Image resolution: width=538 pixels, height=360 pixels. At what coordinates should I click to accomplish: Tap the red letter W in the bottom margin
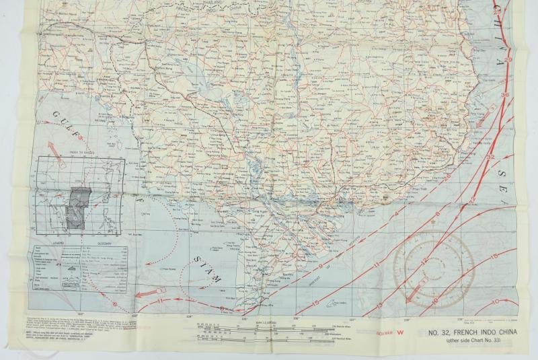402,332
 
